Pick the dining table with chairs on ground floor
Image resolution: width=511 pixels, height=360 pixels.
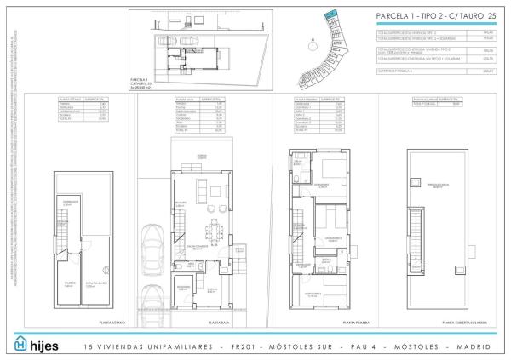[214, 228]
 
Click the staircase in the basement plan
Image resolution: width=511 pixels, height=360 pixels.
[64, 231]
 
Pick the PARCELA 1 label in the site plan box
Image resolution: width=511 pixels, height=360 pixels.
[141, 78]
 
